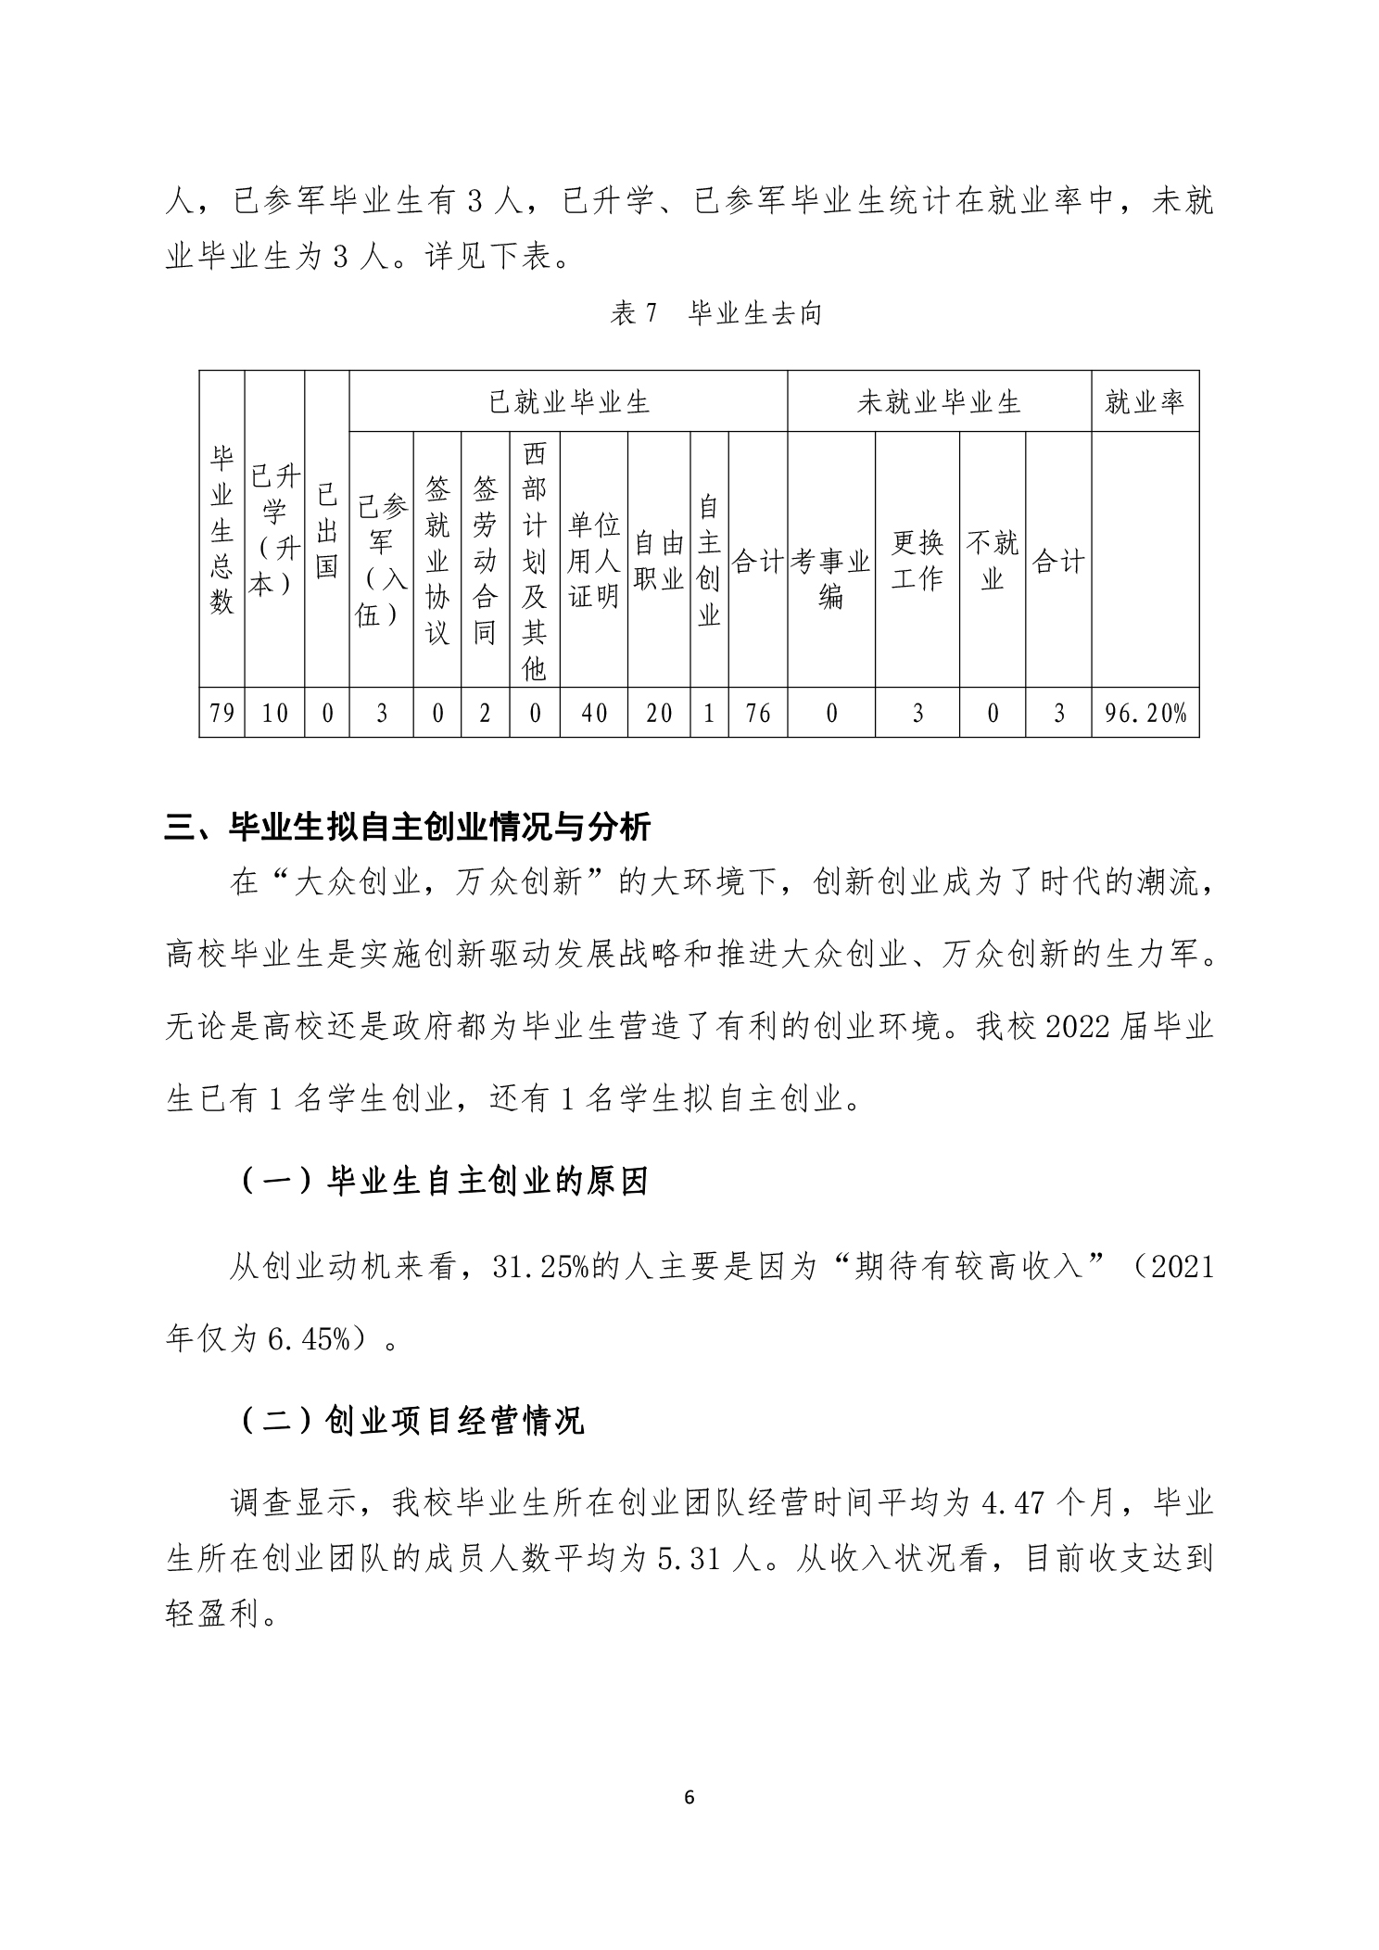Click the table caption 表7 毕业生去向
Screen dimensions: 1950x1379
pos(715,314)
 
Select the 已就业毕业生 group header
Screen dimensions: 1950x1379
pos(568,402)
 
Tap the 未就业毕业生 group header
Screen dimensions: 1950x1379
pos(938,402)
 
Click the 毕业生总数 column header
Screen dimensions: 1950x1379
pos(221,529)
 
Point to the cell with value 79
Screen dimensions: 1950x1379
pos(222,713)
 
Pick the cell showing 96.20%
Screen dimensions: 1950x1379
pos(1145,713)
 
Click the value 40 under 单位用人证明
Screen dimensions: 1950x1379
pos(594,713)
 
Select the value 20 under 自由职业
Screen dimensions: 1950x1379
pos(659,713)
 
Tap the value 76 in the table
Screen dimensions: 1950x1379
pos(758,713)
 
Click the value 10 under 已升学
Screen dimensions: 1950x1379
pos(275,713)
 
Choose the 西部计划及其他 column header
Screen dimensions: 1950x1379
pos(535,561)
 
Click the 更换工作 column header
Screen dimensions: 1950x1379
pos(917,560)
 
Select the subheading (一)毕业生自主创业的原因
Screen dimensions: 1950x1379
pos(444,1182)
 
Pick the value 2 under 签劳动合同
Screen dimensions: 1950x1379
pos(485,713)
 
